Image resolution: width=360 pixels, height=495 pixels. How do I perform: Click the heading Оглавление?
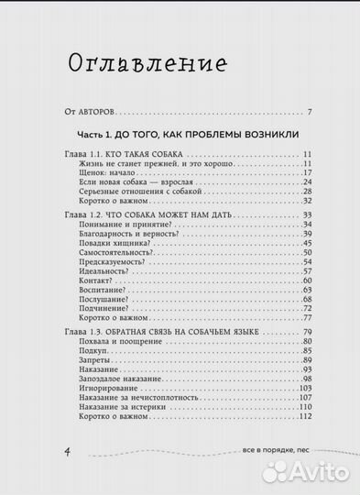[x=148, y=63]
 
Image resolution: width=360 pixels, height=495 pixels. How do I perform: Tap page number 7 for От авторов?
[x=311, y=113]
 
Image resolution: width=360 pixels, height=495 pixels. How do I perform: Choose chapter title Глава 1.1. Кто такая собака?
[x=125, y=154]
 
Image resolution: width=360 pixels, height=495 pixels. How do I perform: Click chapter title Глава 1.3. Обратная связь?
[x=165, y=330]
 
